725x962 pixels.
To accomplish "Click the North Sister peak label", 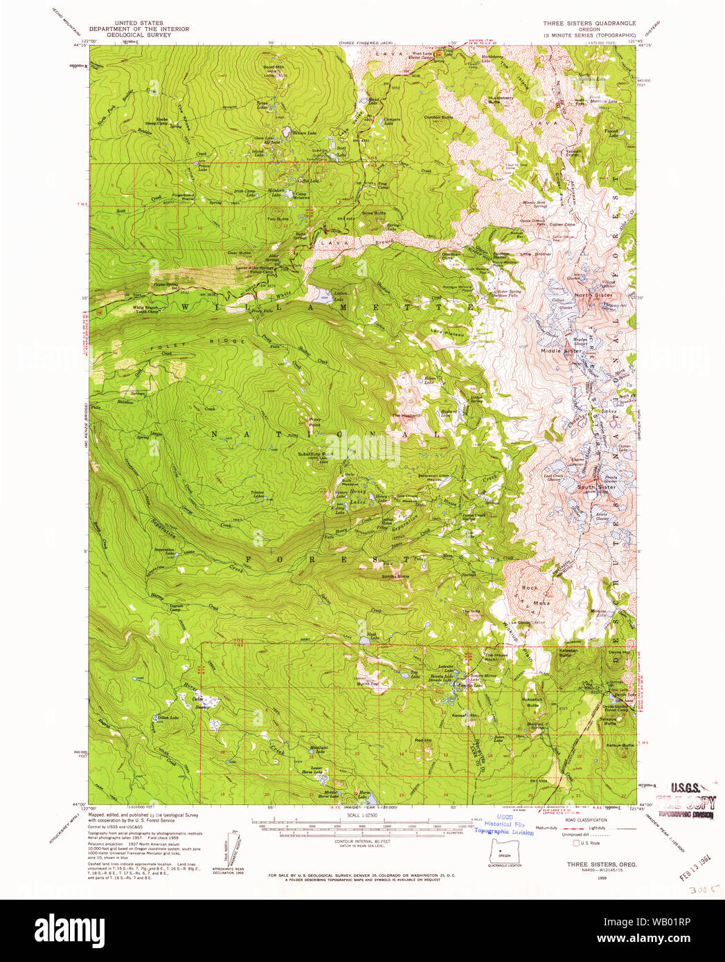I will [x=593, y=296].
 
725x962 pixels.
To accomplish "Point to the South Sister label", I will [x=596, y=487].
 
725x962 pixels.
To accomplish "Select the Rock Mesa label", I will [x=535, y=595].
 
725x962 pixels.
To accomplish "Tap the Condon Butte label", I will [x=438, y=117].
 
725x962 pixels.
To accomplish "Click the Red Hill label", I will [x=423, y=741].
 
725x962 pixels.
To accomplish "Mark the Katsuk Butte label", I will [x=618, y=745].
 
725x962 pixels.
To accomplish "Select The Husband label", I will [x=406, y=415].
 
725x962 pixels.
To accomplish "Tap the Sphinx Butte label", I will [x=395, y=576].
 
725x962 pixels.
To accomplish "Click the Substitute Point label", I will [x=312, y=455].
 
